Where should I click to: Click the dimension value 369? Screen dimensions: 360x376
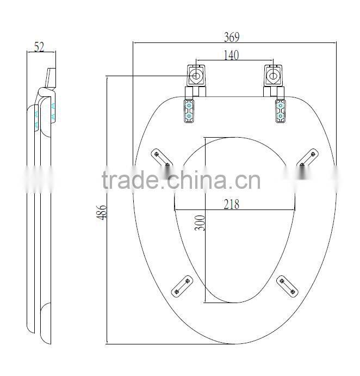232,37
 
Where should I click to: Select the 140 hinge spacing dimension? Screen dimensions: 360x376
231,55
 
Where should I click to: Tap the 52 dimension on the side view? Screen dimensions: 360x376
39,47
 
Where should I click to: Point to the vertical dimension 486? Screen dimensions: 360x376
101,212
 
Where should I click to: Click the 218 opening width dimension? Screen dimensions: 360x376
231,204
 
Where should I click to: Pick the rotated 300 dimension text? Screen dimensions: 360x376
200,223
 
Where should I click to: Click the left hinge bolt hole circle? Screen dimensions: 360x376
196,76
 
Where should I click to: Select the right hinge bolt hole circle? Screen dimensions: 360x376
273,76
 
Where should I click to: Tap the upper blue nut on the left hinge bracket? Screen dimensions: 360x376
189,105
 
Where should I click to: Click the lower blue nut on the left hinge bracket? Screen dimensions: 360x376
189,116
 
